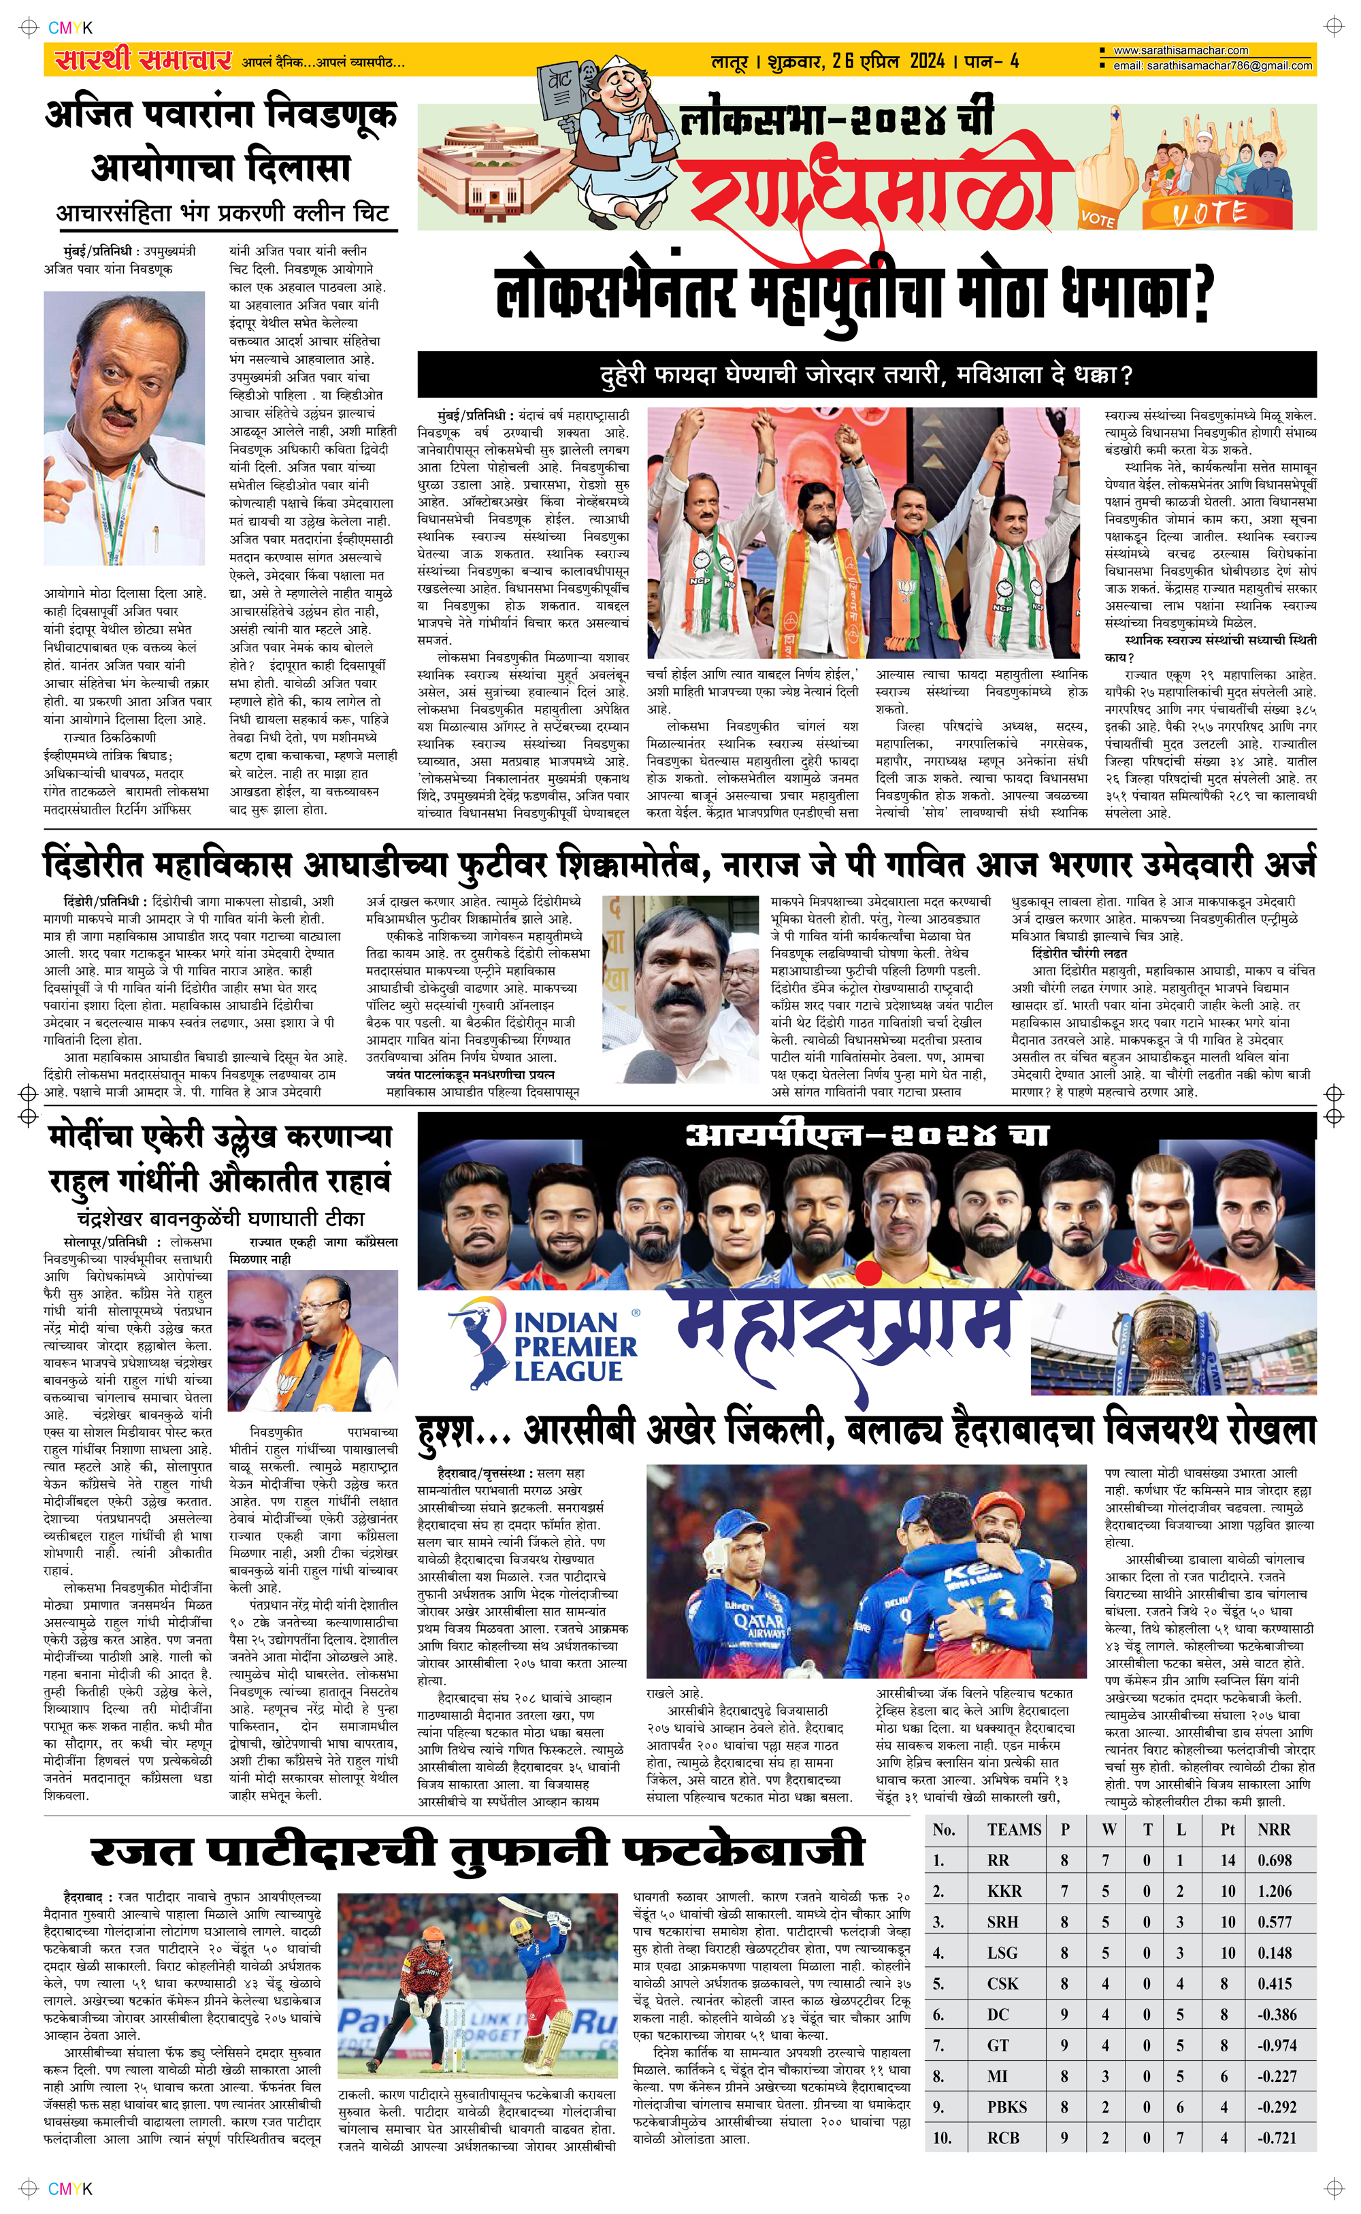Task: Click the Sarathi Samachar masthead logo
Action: tap(143, 61)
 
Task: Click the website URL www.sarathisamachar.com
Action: tap(1180, 50)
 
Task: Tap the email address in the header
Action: tap(1211, 66)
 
